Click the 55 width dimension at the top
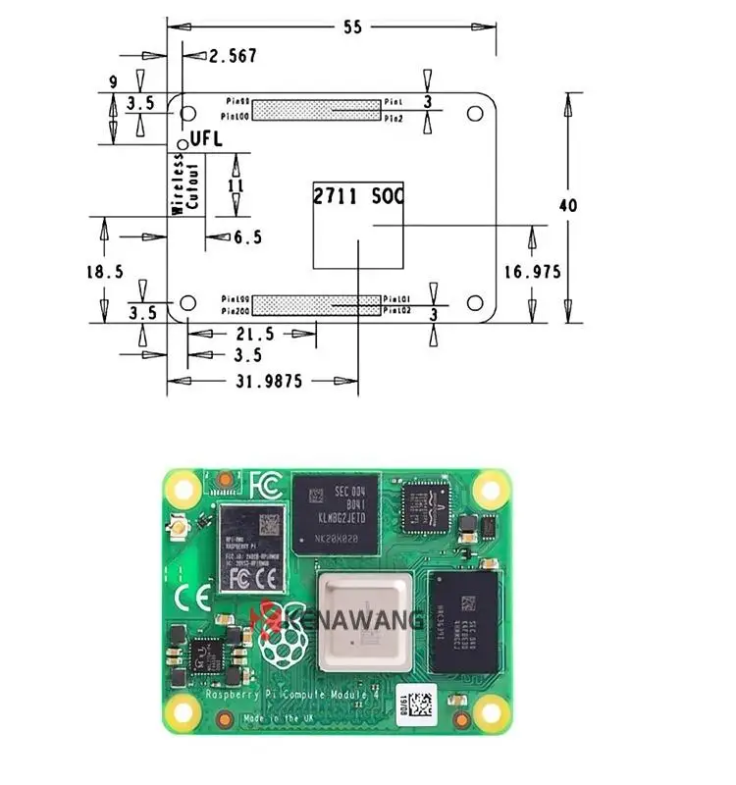[351, 27]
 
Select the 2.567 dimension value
[233, 57]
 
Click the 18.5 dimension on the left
[104, 272]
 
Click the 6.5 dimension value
[247, 237]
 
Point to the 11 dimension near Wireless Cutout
[235, 184]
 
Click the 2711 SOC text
[357, 196]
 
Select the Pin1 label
[394, 101]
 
